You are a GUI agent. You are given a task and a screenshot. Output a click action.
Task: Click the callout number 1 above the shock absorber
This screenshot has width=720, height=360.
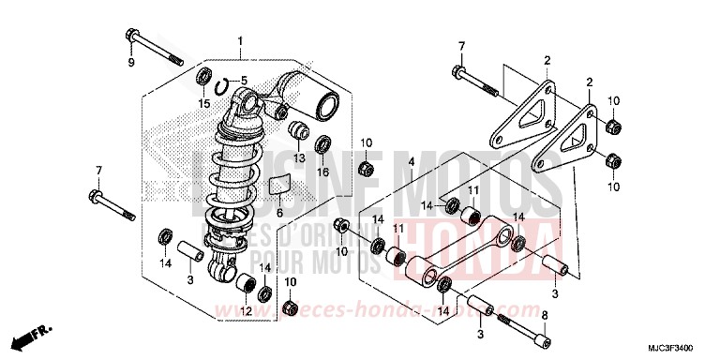pyautogui.click(x=240, y=41)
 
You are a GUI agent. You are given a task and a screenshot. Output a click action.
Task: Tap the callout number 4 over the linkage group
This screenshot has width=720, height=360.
pyautogui.click(x=384, y=162)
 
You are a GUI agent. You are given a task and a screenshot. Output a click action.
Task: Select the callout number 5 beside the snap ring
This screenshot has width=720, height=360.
pyautogui.click(x=244, y=80)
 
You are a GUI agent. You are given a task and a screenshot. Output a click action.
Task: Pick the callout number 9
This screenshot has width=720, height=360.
pyautogui.click(x=131, y=62)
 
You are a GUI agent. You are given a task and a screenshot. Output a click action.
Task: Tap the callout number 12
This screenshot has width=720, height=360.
pyautogui.click(x=247, y=311)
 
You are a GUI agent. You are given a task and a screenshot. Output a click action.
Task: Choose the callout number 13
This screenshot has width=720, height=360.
pyautogui.click(x=298, y=158)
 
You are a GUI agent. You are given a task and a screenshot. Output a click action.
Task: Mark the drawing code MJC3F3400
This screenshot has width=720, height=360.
pyautogui.click(x=678, y=348)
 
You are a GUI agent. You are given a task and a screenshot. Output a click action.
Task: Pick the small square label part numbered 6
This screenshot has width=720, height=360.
pyautogui.click(x=277, y=184)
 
